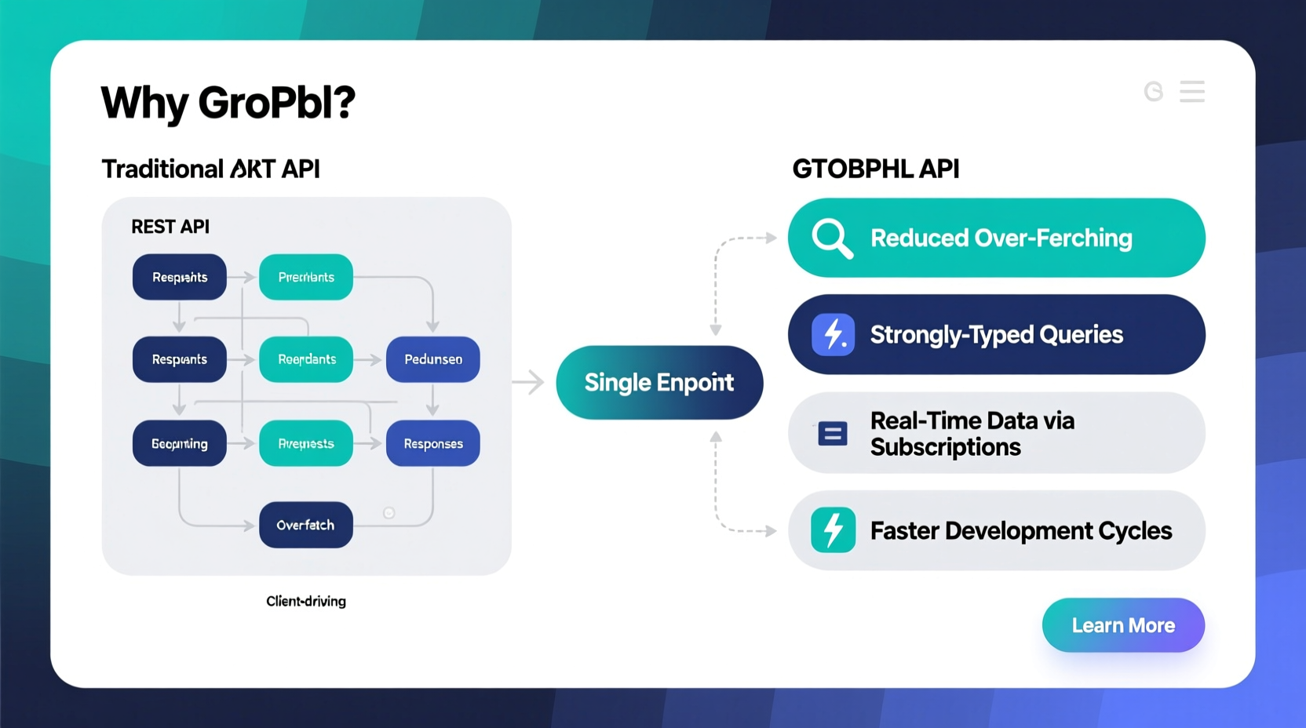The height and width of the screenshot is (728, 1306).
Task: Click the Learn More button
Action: [1123, 625]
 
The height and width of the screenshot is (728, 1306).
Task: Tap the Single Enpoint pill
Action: [659, 382]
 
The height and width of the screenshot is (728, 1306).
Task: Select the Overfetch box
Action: [305, 525]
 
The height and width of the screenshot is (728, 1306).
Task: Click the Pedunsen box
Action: [432, 359]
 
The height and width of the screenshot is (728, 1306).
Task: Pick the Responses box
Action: [432, 444]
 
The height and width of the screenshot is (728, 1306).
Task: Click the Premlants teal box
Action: [305, 277]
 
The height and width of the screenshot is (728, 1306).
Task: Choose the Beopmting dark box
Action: [179, 444]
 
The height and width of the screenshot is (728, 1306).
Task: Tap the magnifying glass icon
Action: [832, 238]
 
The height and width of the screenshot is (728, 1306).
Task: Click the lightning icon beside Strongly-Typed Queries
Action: [833, 334]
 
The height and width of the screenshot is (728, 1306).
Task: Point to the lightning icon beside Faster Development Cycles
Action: [833, 530]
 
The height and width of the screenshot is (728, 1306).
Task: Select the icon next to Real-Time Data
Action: [832, 433]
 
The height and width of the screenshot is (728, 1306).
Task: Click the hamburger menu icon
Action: [1191, 92]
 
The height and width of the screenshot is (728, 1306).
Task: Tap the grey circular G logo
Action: [1153, 92]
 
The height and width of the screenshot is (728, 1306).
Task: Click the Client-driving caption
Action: [305, 601]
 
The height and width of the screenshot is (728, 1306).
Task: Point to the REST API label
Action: [170, 227]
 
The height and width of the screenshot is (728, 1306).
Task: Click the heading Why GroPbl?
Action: [228, 103]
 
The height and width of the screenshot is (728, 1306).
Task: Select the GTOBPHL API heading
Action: [875, 169]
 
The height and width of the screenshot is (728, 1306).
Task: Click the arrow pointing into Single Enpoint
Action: [528, 382]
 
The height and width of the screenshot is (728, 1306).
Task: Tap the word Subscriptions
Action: [945, 447]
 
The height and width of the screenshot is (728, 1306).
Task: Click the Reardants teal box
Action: [305, 359]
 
